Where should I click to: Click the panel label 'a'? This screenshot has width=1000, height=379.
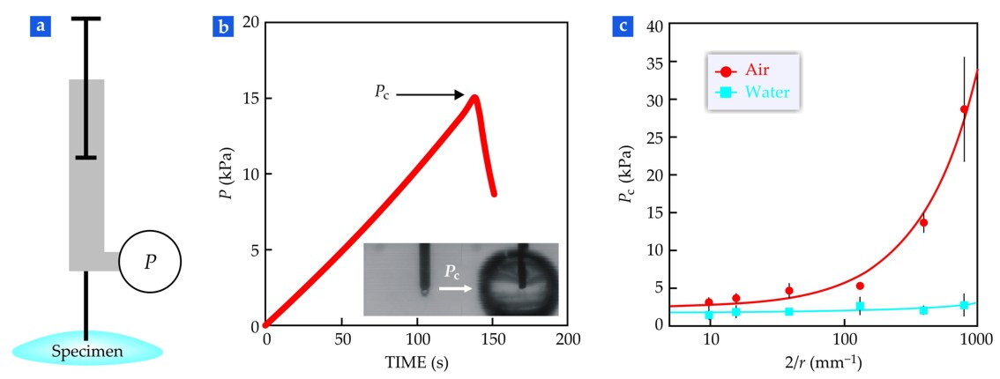pyautogui.click(x=41, y=28)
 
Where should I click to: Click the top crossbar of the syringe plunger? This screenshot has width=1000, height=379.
pyautogui.click(x=86, y=19)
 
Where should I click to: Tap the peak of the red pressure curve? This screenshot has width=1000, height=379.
pyautogui.click(x=475, y=97)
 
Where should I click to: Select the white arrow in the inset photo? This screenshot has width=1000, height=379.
pyautogui.click(x=455, y=288)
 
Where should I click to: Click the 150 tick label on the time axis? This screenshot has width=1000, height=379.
pyautogui.click(x=493, y=339)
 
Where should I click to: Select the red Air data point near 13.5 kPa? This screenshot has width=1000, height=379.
pyautogui.click(x=923, y=223)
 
